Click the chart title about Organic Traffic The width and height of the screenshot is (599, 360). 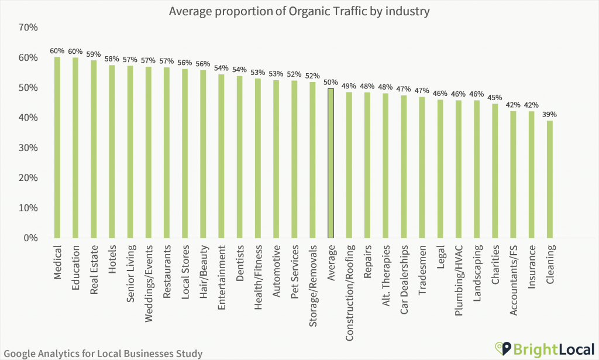point(299,11)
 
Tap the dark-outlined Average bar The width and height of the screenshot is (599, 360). point(331,163)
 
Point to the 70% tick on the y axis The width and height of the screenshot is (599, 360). point(28,28)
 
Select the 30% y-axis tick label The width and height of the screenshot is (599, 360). point(28,148)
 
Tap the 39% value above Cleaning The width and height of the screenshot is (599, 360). point(550,115)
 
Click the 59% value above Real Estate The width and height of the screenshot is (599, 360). point(93,54)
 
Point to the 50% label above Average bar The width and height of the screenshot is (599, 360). point(331,83)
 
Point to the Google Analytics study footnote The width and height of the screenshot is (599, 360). point(102,353)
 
